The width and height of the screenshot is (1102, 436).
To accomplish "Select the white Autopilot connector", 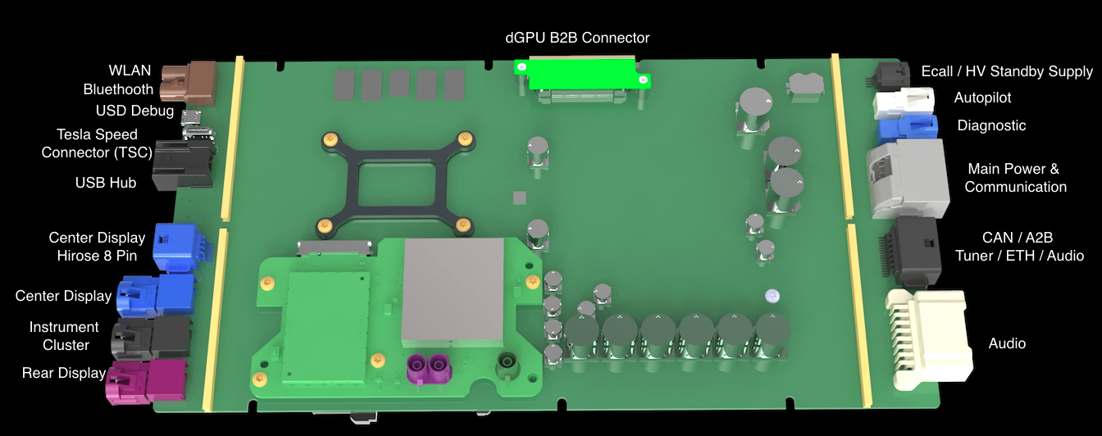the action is click(x=904, y=102).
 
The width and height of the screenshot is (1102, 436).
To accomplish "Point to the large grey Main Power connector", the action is click(x=907, y=179).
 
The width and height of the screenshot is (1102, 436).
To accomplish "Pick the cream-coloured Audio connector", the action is click(x=928, y=339).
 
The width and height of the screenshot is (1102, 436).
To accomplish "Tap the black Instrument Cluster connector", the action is click(x=151, y=338).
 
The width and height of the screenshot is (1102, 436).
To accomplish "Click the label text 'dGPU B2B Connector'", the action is click(x=577, y=38).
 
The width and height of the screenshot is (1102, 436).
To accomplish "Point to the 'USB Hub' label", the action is click(x=105, y=183).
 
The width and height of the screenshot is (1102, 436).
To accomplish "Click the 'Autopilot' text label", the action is click(x=982, y=98).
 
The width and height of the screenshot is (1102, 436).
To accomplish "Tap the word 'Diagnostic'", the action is click(x=991, y=126).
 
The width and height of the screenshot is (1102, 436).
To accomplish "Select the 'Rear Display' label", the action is click(x=64, y=373).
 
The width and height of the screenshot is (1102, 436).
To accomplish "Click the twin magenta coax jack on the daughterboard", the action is click(x=429, y=369).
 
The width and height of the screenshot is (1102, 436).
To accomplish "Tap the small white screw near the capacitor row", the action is click(x=772, y=296).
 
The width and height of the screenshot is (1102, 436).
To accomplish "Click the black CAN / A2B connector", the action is click(x=909, y=252).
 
